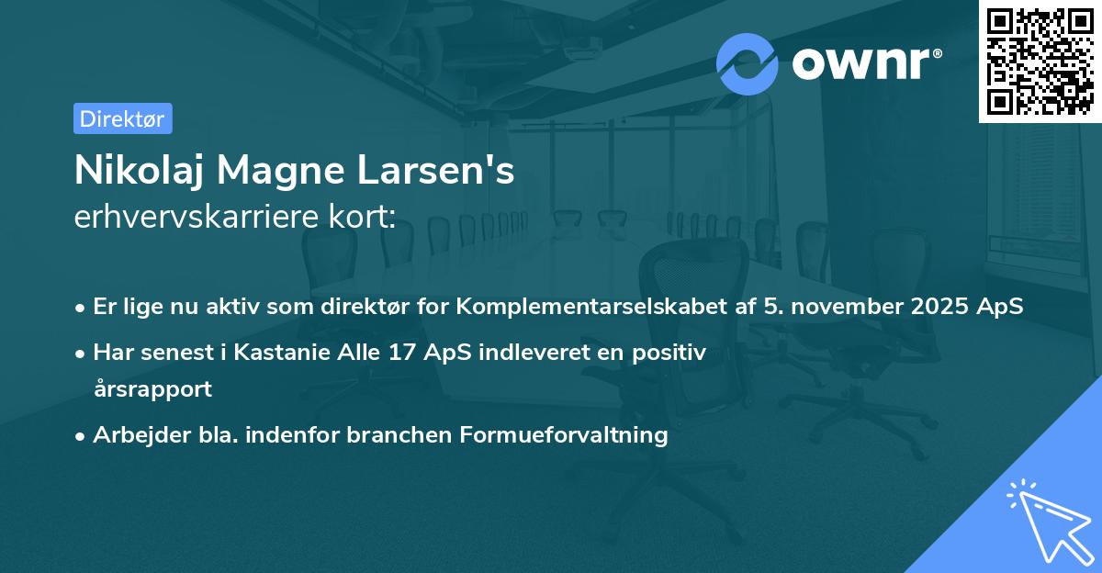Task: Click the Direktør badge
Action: click(x=122, y=118)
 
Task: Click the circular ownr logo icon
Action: click(x=748, y=64)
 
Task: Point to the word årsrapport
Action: click(x=152, y=388)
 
